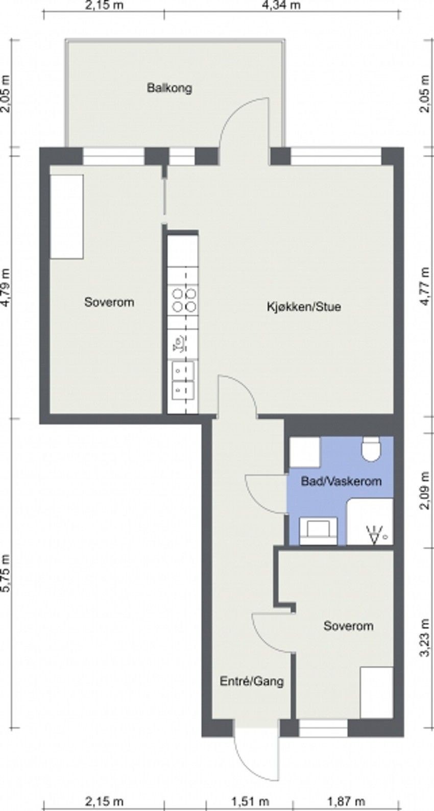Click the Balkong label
170,88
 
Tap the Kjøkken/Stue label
304,307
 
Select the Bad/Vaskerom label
341,481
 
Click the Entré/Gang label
251,681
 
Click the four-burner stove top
184,300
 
